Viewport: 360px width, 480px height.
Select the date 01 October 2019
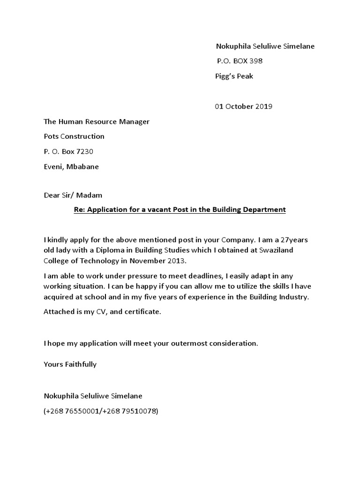point(243,106)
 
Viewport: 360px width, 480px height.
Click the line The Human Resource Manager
point(97,121)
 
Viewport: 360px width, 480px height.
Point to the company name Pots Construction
point(74,136)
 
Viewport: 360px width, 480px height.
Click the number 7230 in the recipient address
point(90,151)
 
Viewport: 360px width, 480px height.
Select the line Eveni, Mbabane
point(71,166)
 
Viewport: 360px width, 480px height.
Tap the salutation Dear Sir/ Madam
point(73,195)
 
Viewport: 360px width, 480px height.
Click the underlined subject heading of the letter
point(180,210)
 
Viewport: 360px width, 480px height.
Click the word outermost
point(191,343)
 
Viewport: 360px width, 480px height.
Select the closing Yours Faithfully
point(70,364)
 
